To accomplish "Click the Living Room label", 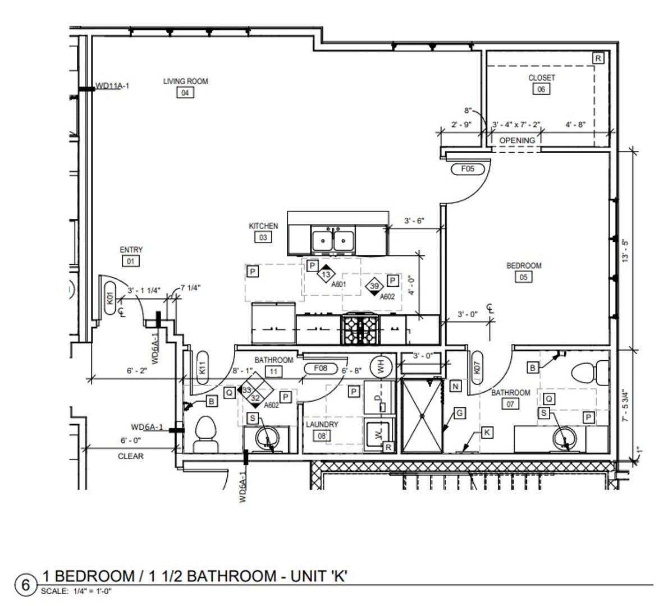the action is pyautogui.click(x=186, y=81).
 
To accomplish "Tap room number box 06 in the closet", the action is pyautogui.click(x=541, y=89).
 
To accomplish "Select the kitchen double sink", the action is pyautogui.click(x=333, y=241).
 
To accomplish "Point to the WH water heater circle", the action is pyautogui.click(x=381, y=366).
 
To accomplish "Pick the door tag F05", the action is pyautogui.click(x=468, y=169).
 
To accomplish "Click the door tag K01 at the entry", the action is pyautogui.click(x=111, y=298).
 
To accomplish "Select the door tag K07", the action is pyautogui.click(x=477, y=368).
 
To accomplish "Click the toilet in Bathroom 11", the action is pyautogui.click(x=206, y=434).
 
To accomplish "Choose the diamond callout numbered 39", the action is pyautogui.click(x=374, y=286).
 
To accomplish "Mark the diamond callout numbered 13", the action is pyautogui.click(x=326, y=274).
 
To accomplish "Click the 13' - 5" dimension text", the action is pyautogui.click(x=625, y=250).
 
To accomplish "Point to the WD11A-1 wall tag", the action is pyautogui.click(x=112, y=86).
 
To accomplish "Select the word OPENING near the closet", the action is pyautogui.click(x=517, y=140).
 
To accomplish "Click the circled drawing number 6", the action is pyautogui.click(x=26, y=585).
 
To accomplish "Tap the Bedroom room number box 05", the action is pyautogui.click(x=524, y=277).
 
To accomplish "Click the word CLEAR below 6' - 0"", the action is pyautogui.click(x=130, y=456).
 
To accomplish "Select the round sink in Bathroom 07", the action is pyautogui.click(x=565, y=438).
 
